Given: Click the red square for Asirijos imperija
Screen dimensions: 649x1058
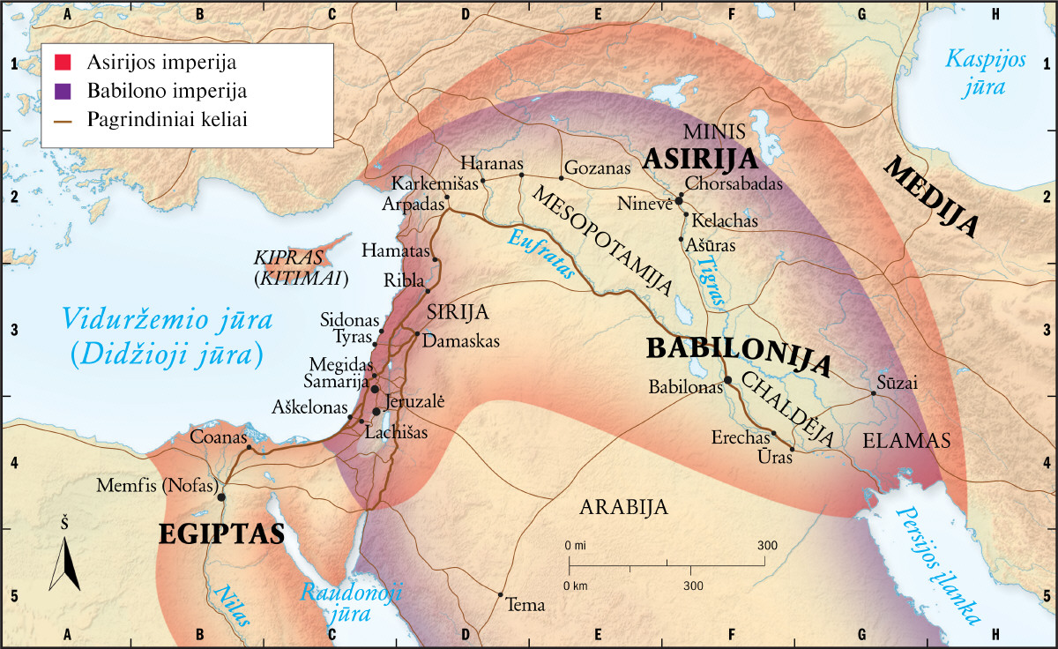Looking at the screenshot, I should (63, 63).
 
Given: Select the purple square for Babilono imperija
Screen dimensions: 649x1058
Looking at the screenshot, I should (63, 91).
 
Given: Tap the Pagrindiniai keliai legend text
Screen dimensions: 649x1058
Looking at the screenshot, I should (166, 119).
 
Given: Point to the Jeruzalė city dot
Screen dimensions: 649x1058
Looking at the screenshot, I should (377, 411).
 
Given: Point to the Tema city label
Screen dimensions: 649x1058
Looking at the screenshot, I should (526, 606).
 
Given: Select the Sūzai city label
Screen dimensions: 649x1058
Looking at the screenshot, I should (898, 382).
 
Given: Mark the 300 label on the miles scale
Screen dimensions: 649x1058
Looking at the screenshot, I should (766, 546).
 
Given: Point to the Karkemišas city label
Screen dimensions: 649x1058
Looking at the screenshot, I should (435, 185).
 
